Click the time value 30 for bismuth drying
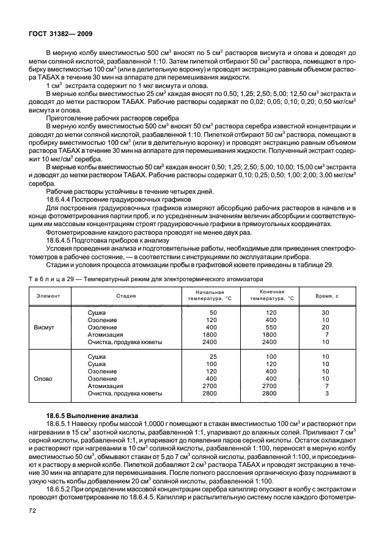326,312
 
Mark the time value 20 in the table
326,327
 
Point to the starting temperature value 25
213,356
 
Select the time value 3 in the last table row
328,394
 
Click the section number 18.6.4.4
61,199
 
